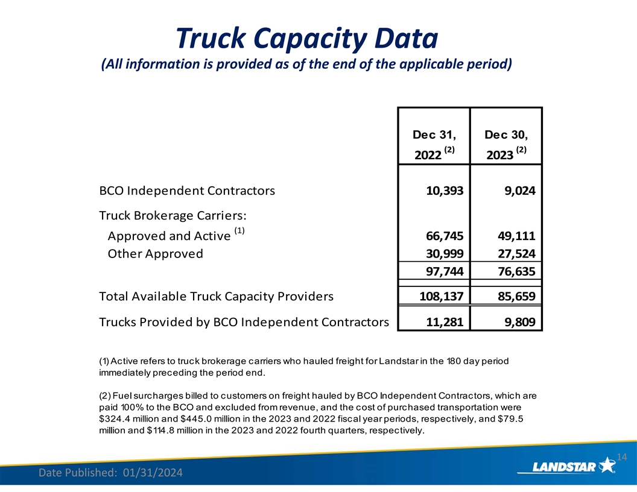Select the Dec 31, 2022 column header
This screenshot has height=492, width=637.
(434, 145)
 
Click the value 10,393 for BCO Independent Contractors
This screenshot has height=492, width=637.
(444, 191)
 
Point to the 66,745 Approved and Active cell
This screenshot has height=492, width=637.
(444, 235)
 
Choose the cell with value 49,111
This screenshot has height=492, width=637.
(516, 235)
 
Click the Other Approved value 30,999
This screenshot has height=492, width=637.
(444, 253)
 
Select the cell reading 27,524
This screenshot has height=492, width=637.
(516, 253)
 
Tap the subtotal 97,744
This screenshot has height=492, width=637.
(444, 272)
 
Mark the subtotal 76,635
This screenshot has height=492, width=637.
(516, 272)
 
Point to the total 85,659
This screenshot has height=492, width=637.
(516, 297)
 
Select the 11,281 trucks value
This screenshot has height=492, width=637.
(444, 322)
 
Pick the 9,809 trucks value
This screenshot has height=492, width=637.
(519, 322)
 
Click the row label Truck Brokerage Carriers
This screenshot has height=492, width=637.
(174, 215)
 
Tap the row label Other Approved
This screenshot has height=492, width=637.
(155, 253)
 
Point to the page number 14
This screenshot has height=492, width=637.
(624, 457)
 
